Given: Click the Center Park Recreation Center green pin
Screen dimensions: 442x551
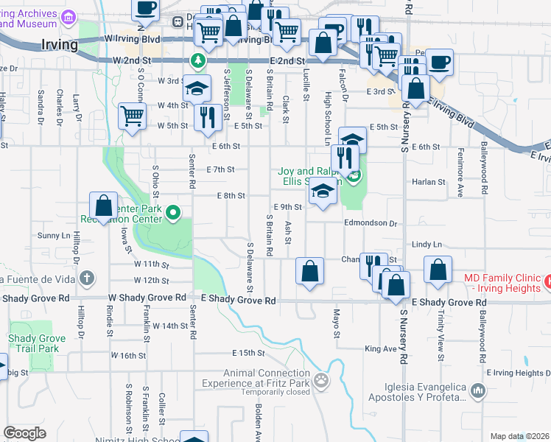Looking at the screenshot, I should coord(173,214).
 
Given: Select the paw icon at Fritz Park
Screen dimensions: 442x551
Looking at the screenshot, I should coord(321,381).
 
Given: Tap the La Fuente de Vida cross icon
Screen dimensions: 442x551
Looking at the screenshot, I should coord(87,278).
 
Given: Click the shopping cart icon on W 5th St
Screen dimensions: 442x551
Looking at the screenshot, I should coord(132,116).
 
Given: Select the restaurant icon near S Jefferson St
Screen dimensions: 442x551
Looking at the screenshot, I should coord(207,117).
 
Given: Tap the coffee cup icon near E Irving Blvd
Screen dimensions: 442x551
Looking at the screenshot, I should coord(440,63).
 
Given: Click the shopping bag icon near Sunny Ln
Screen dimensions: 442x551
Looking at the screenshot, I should coord(104,206).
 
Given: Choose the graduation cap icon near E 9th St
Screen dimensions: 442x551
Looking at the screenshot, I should coord(322,192).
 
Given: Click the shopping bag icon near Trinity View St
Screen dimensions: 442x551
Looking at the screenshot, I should coord(438,270).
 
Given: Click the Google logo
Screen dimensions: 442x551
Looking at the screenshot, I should coord(25,433).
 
